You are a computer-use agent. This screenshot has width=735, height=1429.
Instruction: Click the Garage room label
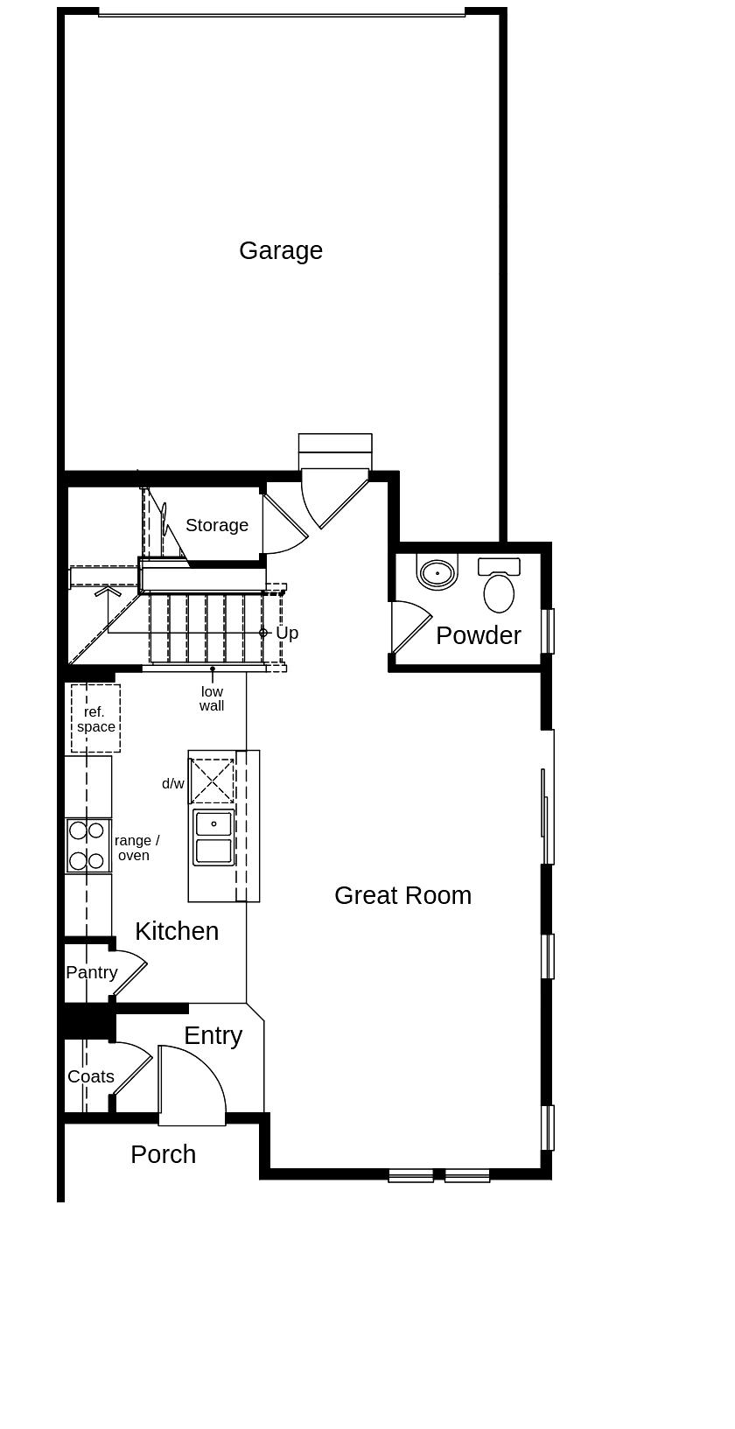(281, 251)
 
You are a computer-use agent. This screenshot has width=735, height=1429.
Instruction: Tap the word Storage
(217, 525)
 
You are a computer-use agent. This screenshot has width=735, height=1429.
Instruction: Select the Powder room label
(478, 635)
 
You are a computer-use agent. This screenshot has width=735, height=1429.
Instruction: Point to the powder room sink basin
(437, 573)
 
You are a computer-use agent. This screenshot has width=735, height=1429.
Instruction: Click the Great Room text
(402, 895)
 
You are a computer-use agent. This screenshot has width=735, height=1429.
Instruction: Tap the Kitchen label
(177, 931)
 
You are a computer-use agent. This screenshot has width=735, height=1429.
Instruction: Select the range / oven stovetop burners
(87, 845)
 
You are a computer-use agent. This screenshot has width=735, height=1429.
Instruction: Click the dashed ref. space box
(95, 718)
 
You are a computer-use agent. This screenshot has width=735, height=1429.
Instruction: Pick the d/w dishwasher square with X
(213, 781)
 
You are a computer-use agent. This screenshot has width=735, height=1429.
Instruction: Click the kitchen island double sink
(213, 837)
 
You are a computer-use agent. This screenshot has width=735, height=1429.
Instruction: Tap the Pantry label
(91, 972)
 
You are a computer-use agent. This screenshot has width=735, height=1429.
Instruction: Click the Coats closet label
(91, 1076)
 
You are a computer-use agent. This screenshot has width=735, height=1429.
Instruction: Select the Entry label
(213, 1035)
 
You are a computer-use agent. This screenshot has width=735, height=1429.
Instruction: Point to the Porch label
(163, 1154)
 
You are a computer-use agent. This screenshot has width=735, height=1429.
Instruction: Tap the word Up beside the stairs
(287, 633)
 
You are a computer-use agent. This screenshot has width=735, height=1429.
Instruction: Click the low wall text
(212, 698)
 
